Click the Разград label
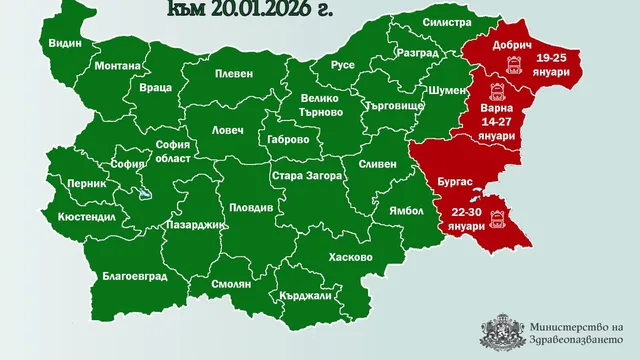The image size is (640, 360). (417, 51)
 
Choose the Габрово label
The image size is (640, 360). (289, 140)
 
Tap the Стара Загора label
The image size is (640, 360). (308, 175)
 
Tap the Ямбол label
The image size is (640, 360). (393, 211)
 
